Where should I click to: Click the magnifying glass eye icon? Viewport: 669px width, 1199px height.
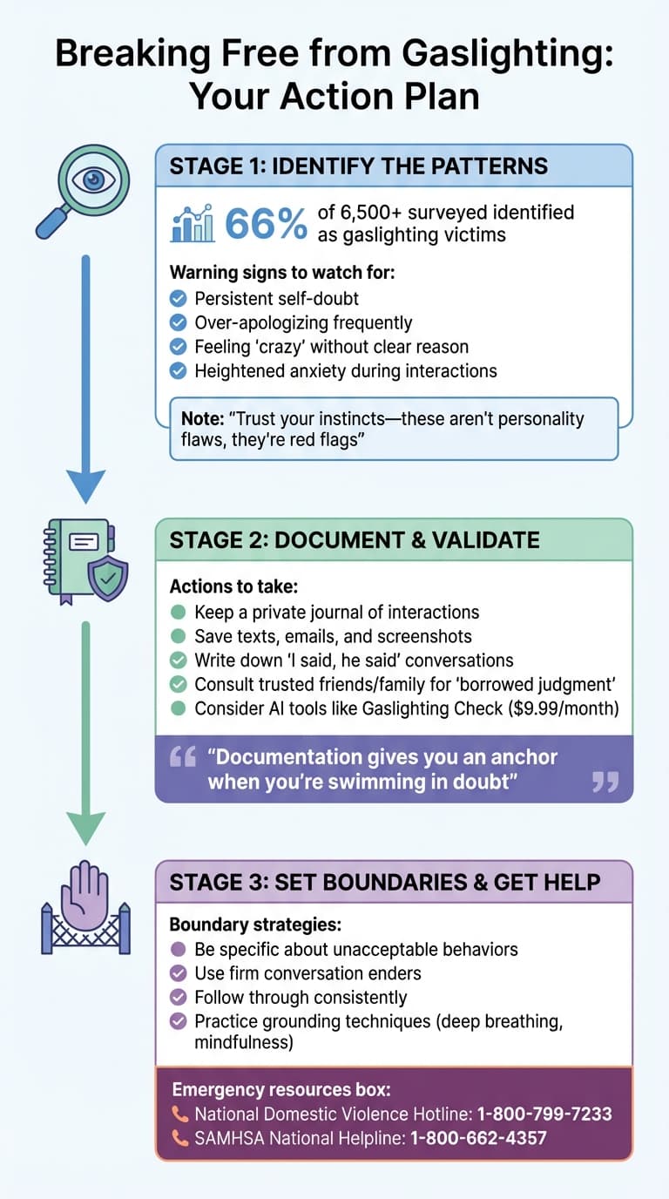[84, 187]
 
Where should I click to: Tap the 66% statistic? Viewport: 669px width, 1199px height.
[266, 224]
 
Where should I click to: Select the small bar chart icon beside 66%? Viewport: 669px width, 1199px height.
[193, 224]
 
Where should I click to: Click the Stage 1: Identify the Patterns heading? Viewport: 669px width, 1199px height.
[358, 166]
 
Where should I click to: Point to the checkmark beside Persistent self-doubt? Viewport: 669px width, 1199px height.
[178, 298]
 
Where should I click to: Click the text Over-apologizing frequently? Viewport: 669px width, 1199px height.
[303, 322]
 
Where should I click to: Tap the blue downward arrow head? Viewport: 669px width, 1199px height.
[85, 483]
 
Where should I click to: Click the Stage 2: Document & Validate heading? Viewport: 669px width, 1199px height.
[355, 540]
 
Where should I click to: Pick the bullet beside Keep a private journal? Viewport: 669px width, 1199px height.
[178, 613]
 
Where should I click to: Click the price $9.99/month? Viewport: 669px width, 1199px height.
[562, 708]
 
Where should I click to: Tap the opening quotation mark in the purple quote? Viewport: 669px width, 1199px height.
[183, 756]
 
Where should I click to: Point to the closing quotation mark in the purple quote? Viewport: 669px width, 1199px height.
[605, 781]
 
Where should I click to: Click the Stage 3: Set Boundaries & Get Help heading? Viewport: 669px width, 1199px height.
[385, 882]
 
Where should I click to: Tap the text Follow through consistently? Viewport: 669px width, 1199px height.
[301, 997]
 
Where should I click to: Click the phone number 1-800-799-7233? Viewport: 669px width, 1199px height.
[544, 1114]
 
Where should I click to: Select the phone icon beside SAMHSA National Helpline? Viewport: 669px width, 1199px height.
[180, 1138]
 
